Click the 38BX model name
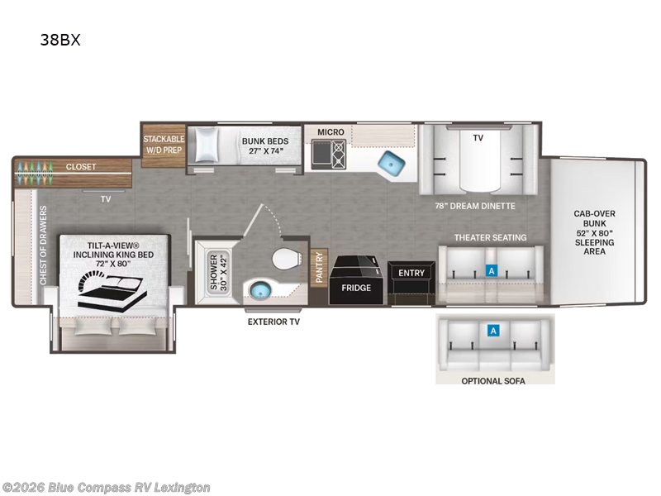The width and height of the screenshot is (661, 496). click(59, 40)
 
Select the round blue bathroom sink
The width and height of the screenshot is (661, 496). click(259, 290)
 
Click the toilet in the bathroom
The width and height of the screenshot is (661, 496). click(287, 258)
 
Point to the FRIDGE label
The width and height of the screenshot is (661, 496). click(356, 288)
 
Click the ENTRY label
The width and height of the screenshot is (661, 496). click(411, 273)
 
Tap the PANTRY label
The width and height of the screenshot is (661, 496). click(319, 267)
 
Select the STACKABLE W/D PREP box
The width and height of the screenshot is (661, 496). click(164, 145)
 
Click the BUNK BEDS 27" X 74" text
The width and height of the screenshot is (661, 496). click(265, 146)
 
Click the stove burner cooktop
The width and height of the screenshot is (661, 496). click(339, 155)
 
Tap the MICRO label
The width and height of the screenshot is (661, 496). click(330, 132)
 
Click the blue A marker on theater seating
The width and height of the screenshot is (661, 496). click(491, 270)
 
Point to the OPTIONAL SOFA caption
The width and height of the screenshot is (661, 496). click(493, 381)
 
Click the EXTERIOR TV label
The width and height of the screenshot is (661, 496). click(273, 322)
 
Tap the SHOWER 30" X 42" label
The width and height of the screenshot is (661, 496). click(218, 273)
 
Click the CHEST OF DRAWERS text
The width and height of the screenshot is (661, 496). click(43, 246)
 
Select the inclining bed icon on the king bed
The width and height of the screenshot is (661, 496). click(112, 290)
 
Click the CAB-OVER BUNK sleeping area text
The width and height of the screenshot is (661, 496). click(594, 232)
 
